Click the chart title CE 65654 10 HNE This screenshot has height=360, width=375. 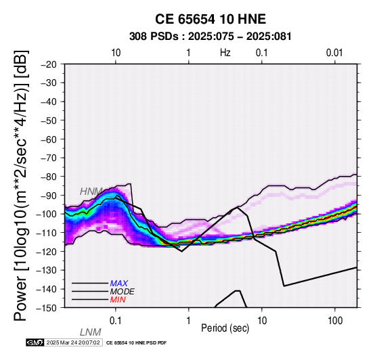click(x=211, y=19)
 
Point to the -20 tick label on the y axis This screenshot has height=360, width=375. click(x=49, y=64)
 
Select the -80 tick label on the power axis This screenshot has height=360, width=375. click(x=49, y=177)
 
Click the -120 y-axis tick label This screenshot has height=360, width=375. click(x=47, y=251)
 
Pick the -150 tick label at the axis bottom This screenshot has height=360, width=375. click(x=47, y=308)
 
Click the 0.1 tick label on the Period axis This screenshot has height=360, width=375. click(x=116, y=321)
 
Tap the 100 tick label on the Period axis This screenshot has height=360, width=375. click(x=335, y=321)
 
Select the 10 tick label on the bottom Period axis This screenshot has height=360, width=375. click(x=262, y=321)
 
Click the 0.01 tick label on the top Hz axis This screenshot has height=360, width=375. click(x=334, y=53)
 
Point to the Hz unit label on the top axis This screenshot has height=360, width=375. click(x=225, y=53)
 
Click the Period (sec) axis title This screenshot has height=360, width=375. click(x=225, y=328)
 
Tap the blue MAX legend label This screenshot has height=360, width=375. click(x=119, y=284)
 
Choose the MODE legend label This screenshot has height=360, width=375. click(x=123, y=292)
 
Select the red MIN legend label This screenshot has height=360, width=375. click(x=118, y=300)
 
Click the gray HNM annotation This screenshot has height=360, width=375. click(x=91, y=192)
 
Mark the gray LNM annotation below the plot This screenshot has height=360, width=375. click(x=91, y=332)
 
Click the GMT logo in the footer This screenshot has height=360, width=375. click(x=35, y=342)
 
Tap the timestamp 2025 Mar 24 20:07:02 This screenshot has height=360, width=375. click(x=73, y=342)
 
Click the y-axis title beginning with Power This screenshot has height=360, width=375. click(x=21, y=185)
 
